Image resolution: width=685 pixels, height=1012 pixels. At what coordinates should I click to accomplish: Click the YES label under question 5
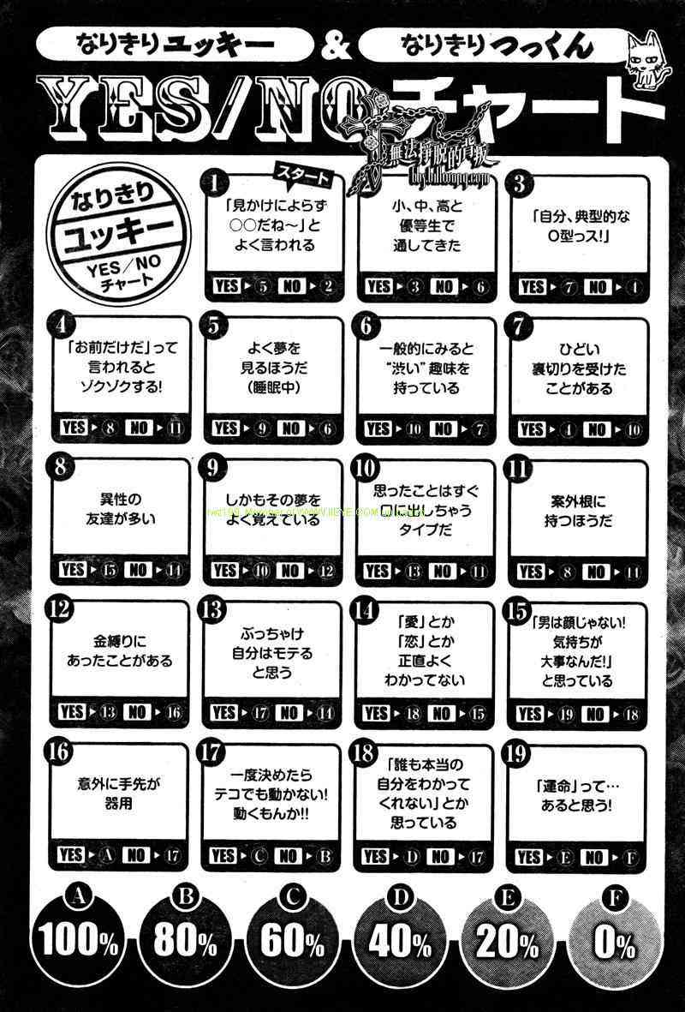[226, 428]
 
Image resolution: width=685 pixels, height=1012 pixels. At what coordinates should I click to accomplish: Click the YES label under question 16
[72, 855]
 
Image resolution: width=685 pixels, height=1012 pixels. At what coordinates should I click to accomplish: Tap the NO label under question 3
[597, 286]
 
